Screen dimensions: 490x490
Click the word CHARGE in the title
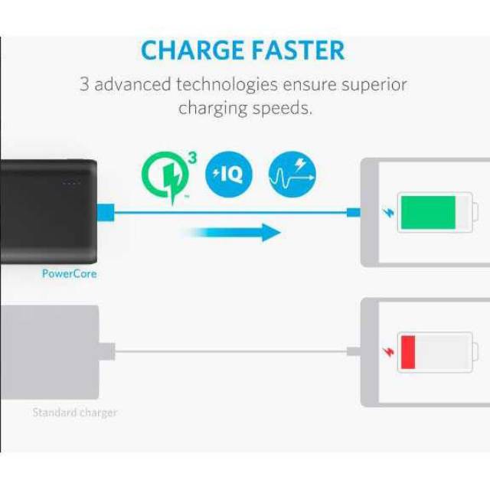(192, 50)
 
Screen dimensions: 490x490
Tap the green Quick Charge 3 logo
(169, 177)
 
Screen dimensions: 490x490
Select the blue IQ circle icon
(229, 175)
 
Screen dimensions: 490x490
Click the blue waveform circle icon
(292, 175)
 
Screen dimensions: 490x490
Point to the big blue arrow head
(271, 233)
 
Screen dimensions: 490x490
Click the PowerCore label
(70, 274)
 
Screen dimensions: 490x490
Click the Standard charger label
(75, 413)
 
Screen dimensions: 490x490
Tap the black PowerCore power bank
(48, 211)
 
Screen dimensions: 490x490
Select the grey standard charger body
(49, 352)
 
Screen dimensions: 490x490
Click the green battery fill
(428, 213)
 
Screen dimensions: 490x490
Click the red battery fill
(408, 352)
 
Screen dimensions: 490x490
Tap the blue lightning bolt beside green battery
(389, 213)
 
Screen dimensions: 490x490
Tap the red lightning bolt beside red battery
(389, 352)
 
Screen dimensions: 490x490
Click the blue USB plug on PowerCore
(106, 213)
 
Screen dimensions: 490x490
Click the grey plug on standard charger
(107, 352)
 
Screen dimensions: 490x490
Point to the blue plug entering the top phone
(354, 213)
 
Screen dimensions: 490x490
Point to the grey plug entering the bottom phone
(354, 351)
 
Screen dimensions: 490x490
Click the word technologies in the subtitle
(227, 85)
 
